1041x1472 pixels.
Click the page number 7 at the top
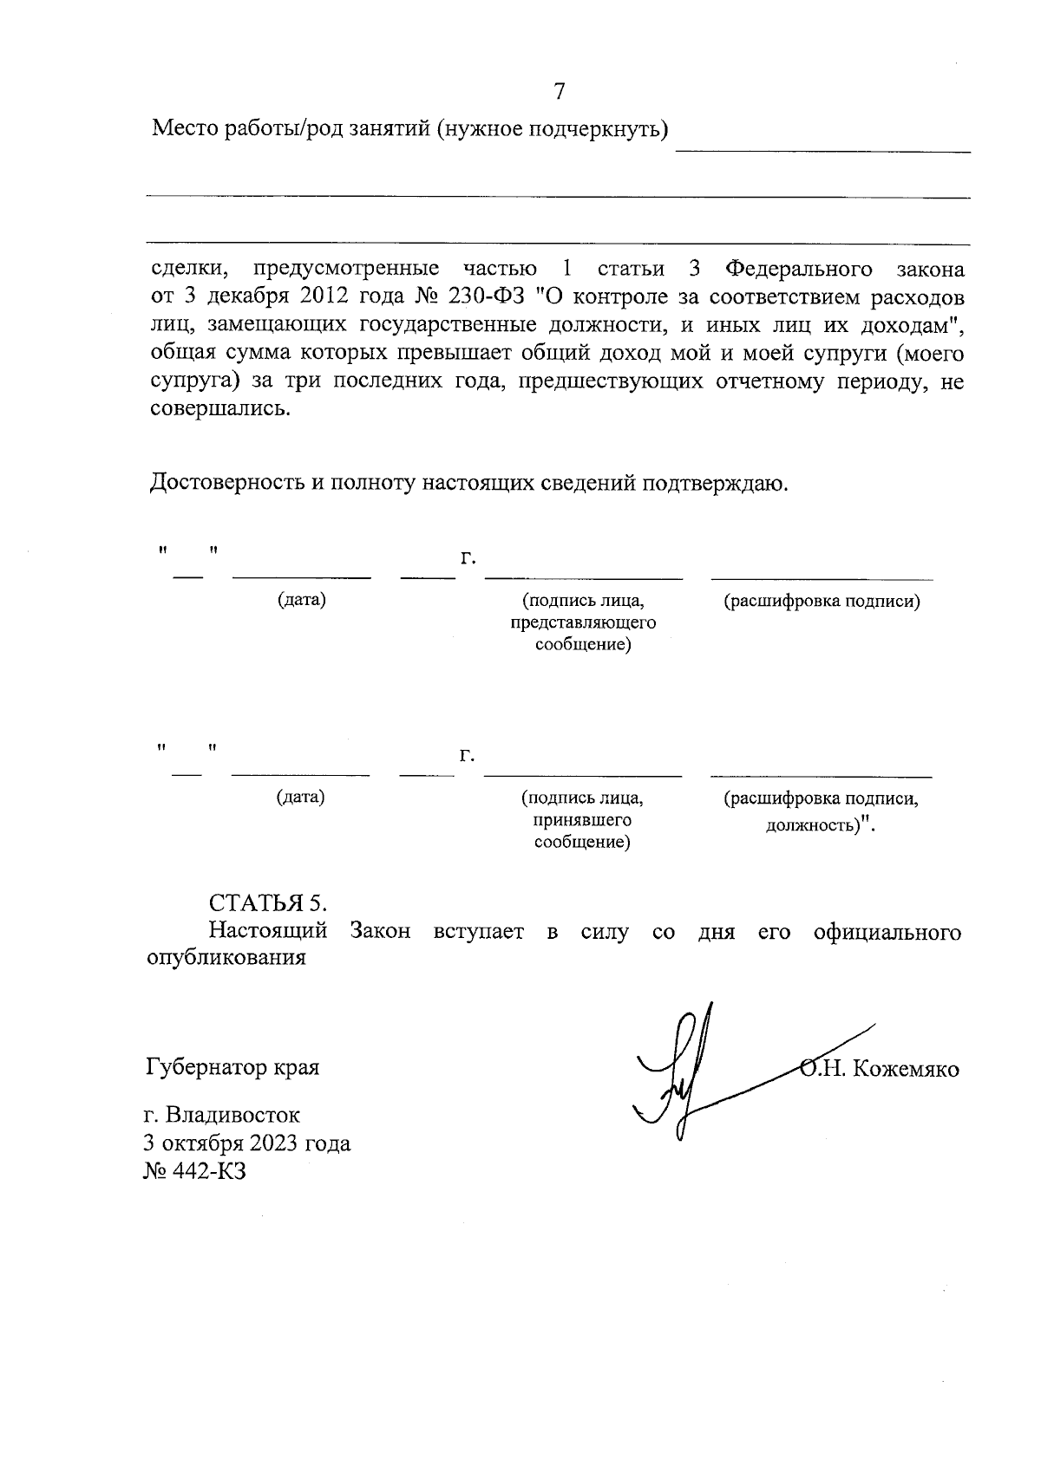coord(560,91)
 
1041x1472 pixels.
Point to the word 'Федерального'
coord(798,269)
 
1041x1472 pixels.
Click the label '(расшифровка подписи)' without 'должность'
coord(822,601)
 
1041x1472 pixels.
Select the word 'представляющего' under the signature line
coord(582,622)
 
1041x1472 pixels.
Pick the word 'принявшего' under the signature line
coord(582,819)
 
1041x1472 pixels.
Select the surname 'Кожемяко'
coord(906,1069)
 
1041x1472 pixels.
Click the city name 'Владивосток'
coord(233,1115)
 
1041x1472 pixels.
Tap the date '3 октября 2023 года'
coord(248,1143)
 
